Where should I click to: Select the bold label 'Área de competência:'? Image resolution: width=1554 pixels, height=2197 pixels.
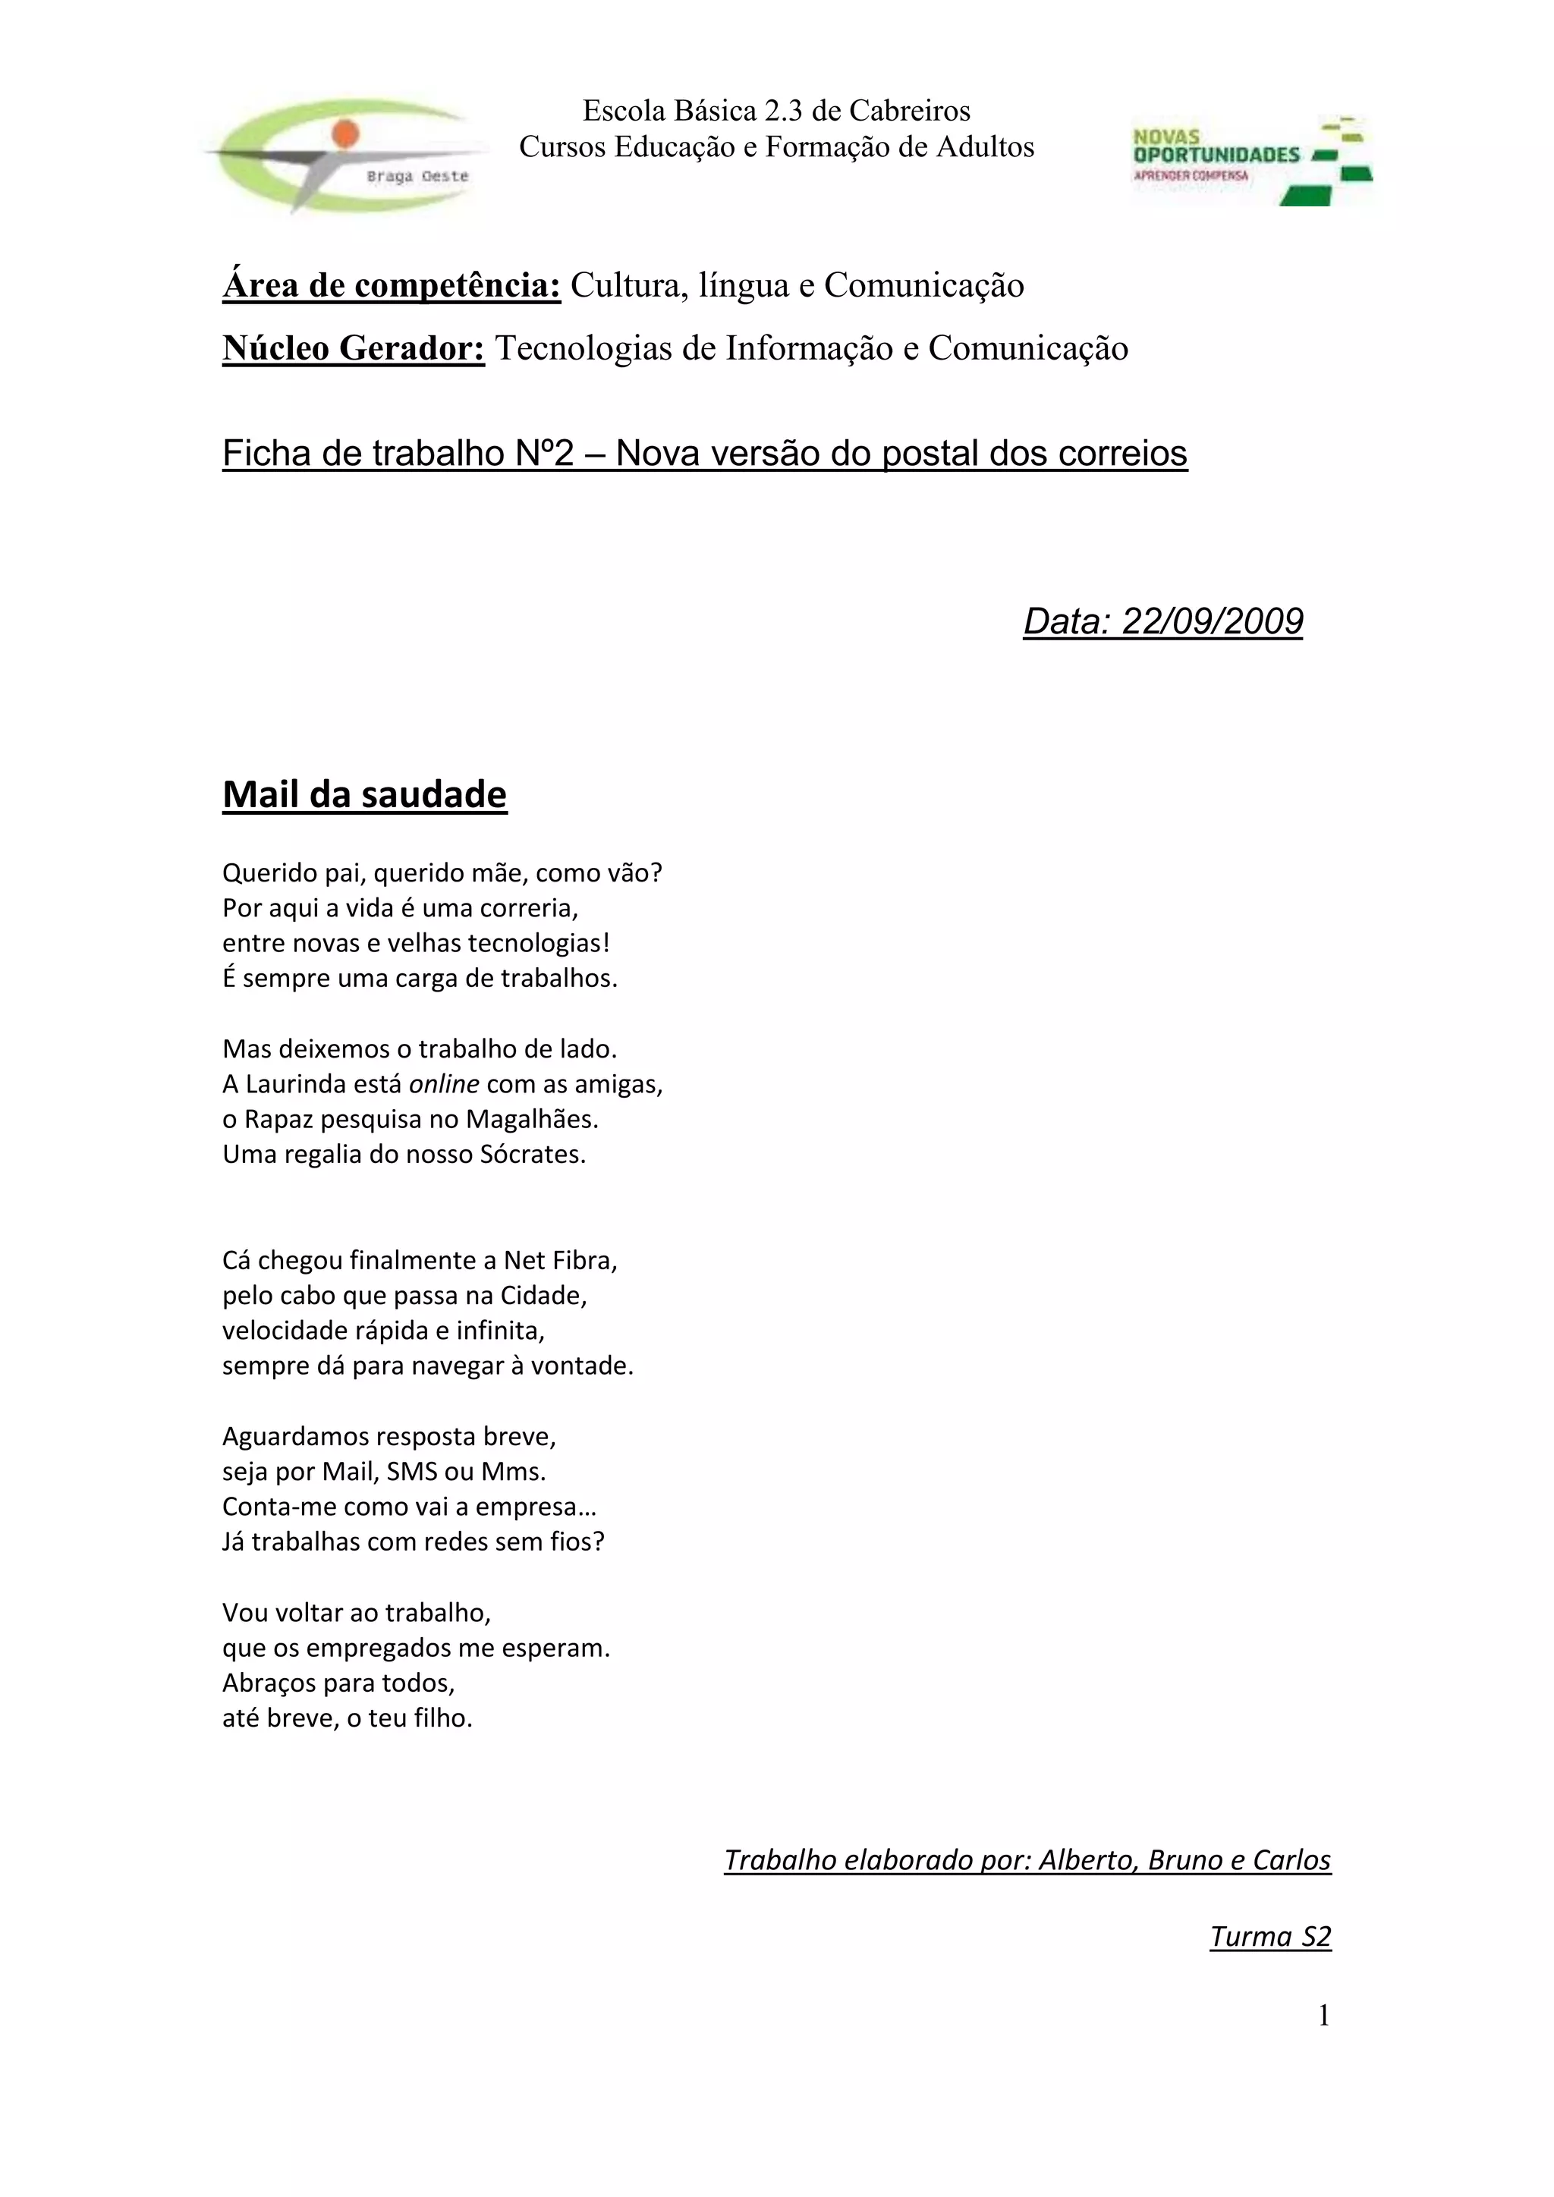(x=392, y=285)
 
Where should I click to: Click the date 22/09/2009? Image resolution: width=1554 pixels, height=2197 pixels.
(x=1212, y=622)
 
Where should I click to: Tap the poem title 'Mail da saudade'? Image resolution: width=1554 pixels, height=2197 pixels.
(x=364, y=795)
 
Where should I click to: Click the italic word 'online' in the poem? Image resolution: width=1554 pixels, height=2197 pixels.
(x=443, y=1084)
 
